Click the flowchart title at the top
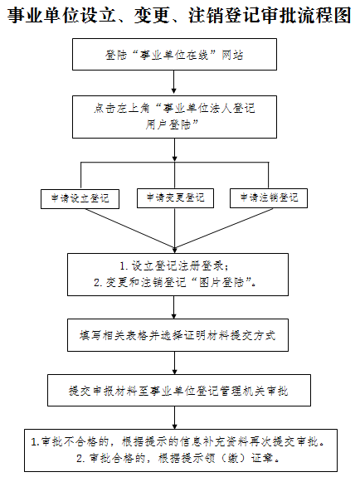coord(179,15)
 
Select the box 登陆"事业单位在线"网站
coord(174,55)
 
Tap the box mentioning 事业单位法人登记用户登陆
coord(174,117)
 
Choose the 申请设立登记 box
coord(80,198)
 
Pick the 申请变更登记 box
coord(175,198)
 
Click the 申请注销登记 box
coord(269,198)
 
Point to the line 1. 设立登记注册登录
coord(174,266)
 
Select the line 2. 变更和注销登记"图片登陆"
coord(175,283)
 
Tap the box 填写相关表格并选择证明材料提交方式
coord(178,335)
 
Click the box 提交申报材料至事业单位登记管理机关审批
coord(179,391)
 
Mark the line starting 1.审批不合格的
coord(178,441)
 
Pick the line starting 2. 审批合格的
coord(178,458)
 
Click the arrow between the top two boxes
coord(173,82)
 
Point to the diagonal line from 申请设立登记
coord(130,228)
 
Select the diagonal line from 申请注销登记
coord(224,228)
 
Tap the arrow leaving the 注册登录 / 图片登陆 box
coord(174,307)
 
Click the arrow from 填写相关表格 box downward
coord(175,363)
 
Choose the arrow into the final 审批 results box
coord(175,417)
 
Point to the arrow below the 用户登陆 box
coord(175,149)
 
